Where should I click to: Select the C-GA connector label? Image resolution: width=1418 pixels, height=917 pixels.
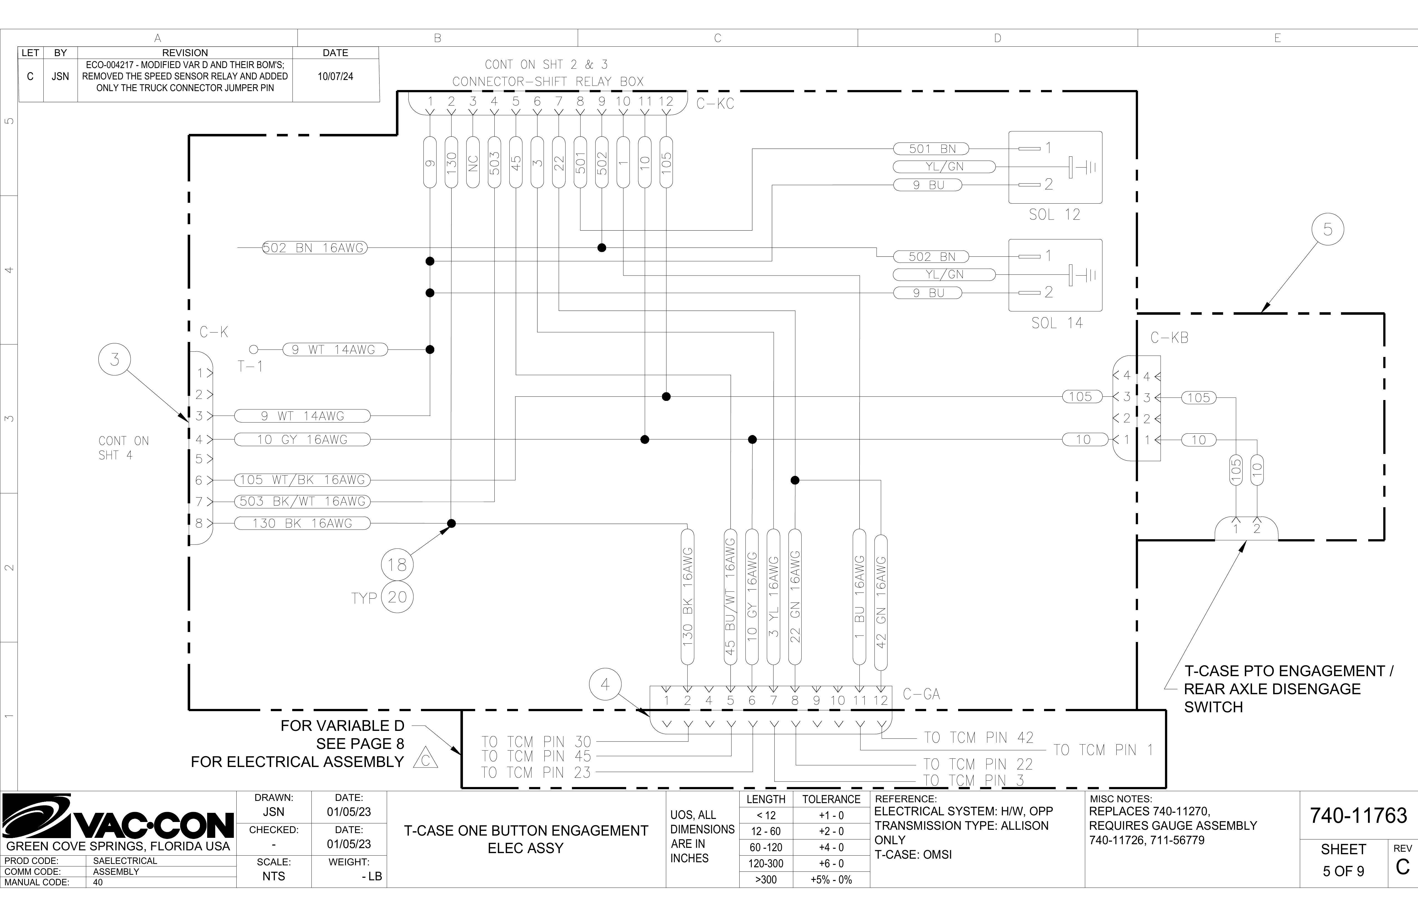click(921, 694)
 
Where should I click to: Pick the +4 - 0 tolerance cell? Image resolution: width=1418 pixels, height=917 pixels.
click(831, 847)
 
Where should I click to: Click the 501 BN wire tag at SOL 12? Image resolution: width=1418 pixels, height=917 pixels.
click(931, 149)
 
